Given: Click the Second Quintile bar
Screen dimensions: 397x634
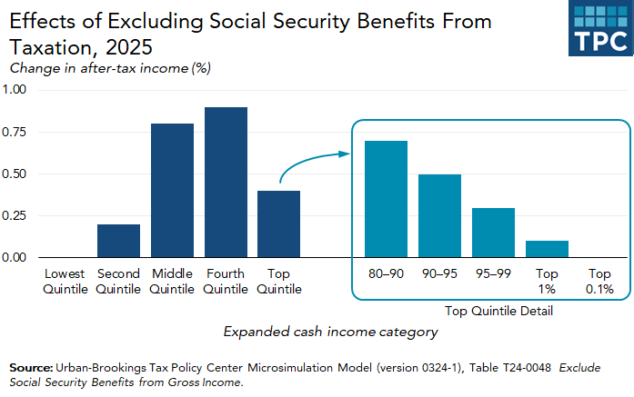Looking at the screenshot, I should coord(118,241).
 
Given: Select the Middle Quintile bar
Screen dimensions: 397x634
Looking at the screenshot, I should coord(172,191).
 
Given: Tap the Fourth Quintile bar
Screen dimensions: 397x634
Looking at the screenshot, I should coord(226,183).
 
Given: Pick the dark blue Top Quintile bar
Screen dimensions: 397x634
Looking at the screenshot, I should coord(278,224).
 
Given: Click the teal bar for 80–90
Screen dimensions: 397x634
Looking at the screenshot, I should coord(386,200).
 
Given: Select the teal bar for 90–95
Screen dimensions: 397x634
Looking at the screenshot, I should coord(439,216).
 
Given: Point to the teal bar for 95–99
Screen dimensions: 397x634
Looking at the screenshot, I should coord(492,233).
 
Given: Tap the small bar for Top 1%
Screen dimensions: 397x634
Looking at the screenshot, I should coord(546,250).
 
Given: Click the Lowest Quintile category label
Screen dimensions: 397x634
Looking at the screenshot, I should coord(65,282).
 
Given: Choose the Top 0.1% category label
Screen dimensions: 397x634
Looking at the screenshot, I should coord(599,282).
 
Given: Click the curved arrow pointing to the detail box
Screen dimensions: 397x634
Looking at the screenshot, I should coord(316,165).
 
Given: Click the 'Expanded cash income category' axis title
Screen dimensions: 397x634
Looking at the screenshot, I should coord(331,332).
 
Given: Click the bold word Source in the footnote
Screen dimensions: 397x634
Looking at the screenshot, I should coord(31,367).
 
